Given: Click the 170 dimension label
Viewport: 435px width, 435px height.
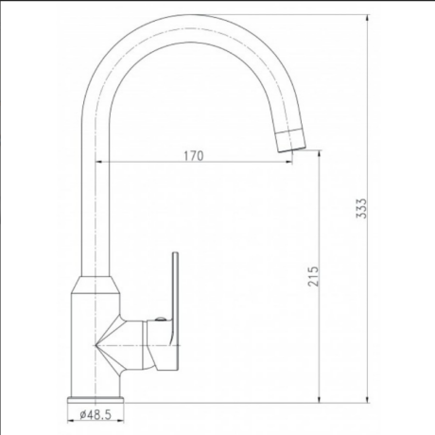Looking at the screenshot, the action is pyautogui.click(x=194, y=156).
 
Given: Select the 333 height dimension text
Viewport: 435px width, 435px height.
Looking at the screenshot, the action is pyautogui.click(x=361, y=208).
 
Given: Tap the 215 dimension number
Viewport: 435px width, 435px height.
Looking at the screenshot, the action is pyautogui.click(x=313, y=276).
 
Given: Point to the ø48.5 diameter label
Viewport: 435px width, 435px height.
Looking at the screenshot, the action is pyautogui.click(x=96, y=414).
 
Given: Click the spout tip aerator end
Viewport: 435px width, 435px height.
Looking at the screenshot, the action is pyautogui.click(x=291, y=141).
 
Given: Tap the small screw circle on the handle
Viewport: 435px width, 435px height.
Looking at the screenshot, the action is pyautogui.click(x=161, y=319).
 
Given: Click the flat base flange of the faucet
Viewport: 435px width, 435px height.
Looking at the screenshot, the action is pyautogui.click(x=96, y=400).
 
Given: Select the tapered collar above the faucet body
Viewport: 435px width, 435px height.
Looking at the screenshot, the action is pyautogui.click(x=96, y=285).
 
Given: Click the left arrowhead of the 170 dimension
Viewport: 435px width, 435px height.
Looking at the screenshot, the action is pyautogui.click(x=98, y=162).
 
